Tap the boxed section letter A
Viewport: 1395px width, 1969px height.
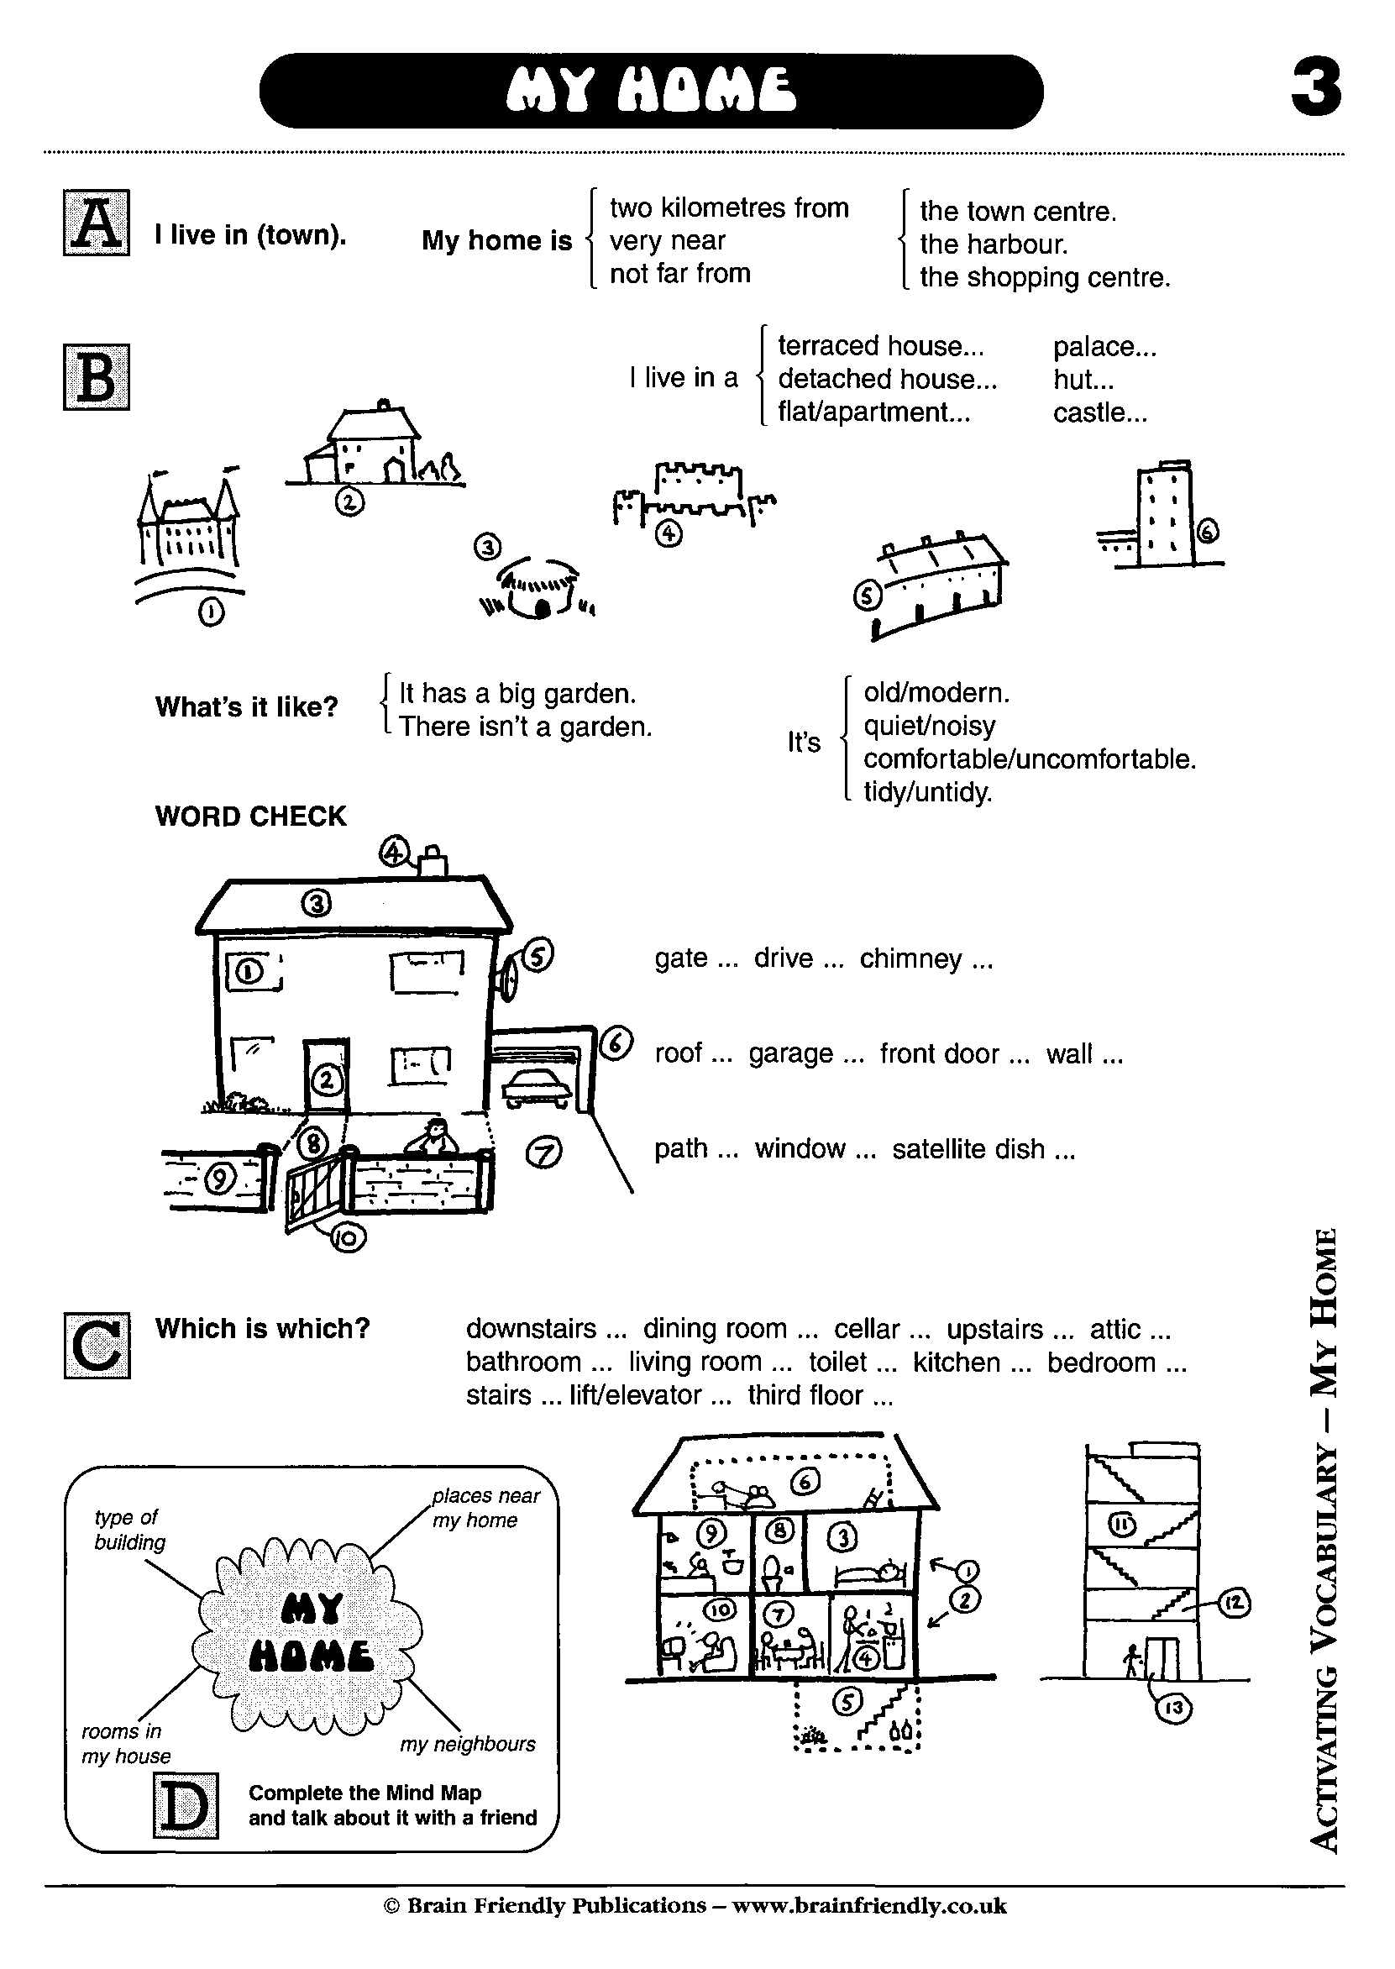click(x=97, y=223)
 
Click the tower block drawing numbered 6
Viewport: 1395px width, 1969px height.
click(x=1164, y=516)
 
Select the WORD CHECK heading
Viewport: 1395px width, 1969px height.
click(x=251, y=816)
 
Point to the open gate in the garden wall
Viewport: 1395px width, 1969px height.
click(x=316, y=1189)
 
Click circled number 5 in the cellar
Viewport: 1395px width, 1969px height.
click(x=847, y=1701)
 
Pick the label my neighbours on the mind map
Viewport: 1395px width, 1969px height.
click(x=467, y=1744)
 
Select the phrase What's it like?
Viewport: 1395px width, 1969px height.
click(x=247, y=707)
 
